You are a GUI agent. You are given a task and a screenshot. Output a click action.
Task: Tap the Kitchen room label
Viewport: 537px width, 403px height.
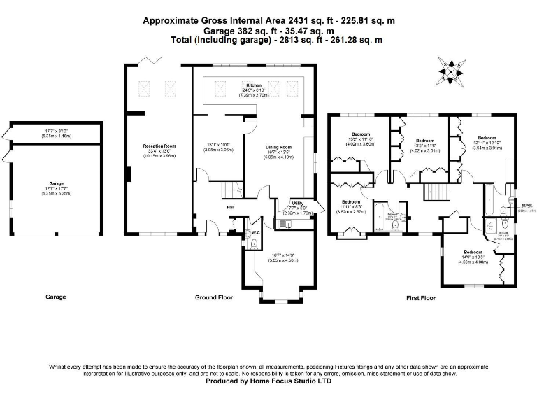pyautogui.click(x=253, y=85)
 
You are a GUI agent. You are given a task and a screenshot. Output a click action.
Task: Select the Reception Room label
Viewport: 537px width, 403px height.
pyautogui.click(x=159, y=146)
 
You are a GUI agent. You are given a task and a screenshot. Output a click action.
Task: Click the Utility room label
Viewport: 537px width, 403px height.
pyautogui.click(x=296, y=203)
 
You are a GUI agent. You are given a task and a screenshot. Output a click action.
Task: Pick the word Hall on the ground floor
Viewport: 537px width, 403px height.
pyautogui.click(x=229, y=206)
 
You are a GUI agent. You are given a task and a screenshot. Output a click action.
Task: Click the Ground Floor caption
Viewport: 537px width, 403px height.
pyautogui.click(x=213, y=297)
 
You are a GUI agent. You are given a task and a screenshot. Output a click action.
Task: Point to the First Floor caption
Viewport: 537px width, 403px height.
pyautogui.click(x=421, y=297)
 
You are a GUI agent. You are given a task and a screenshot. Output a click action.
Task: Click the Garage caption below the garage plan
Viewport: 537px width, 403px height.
pyautogui.click(x=56, y=297)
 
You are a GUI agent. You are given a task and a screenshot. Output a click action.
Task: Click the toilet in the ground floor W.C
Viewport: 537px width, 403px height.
pyautogui.click(x=254, y=242)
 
